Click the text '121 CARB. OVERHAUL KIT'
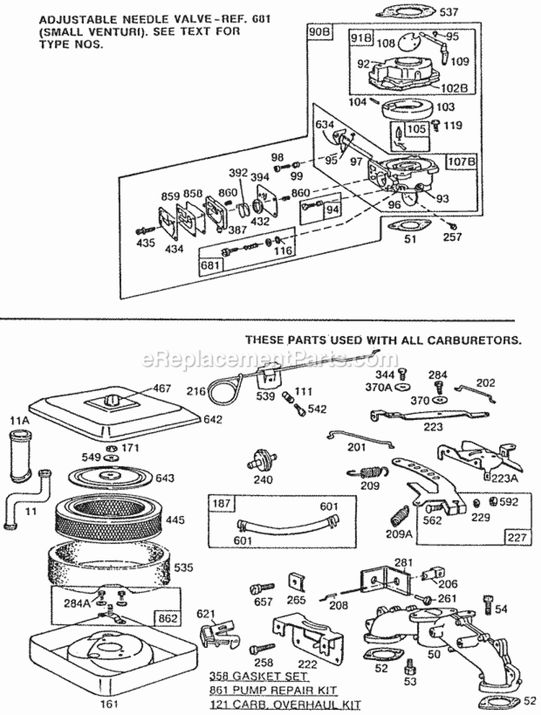click(x=284, y=705)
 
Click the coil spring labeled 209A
click(x=400, y=517)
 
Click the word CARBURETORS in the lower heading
click(x=479, y=339)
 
